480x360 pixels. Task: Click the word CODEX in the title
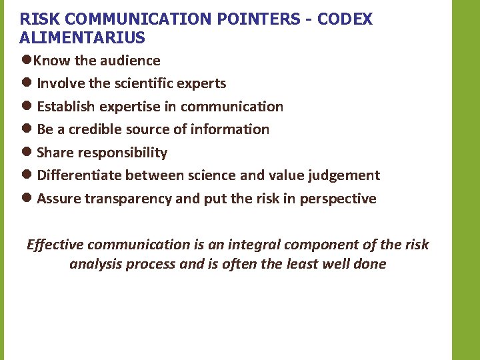[345, 19]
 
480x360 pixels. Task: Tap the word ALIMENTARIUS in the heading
[83, 37]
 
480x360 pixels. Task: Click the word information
[231, 129]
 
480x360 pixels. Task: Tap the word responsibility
[122, 153]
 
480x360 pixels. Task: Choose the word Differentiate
[79, 175]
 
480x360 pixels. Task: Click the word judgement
[343, 175]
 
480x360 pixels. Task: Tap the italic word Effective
[55, 245]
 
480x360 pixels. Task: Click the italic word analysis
[92, 264]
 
